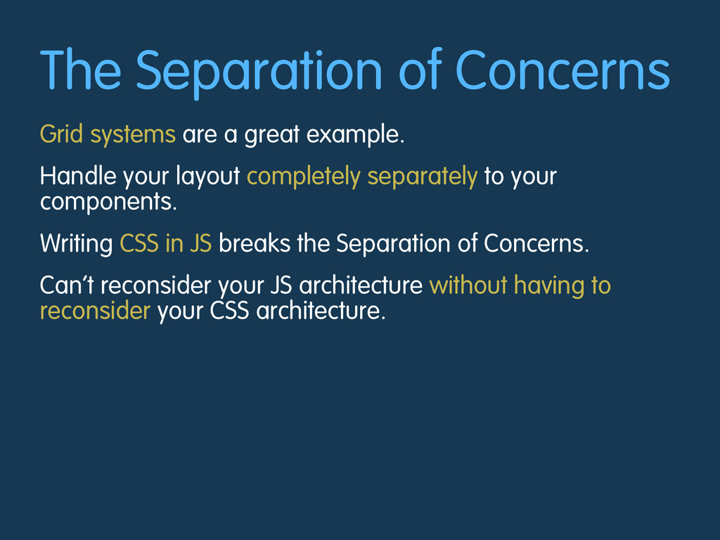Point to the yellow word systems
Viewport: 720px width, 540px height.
point(133,136)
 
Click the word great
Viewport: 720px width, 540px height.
point(272,136)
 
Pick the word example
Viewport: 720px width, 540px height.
point(355,135)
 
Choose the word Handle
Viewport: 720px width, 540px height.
point(78,176)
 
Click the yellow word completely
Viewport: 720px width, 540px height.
point(304,177)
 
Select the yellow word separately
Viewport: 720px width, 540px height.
point(423,177)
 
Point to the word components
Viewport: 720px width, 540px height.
point(108,202)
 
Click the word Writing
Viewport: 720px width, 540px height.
point(76,244)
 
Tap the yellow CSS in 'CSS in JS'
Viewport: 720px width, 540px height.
point(139,243)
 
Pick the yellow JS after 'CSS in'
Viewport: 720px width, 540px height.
point(200,243)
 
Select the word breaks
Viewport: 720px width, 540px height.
point(255,243)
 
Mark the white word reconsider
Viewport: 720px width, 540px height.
point(156,285)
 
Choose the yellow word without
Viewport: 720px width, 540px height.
point(468,285)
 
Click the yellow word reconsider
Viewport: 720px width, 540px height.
point(95,310)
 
